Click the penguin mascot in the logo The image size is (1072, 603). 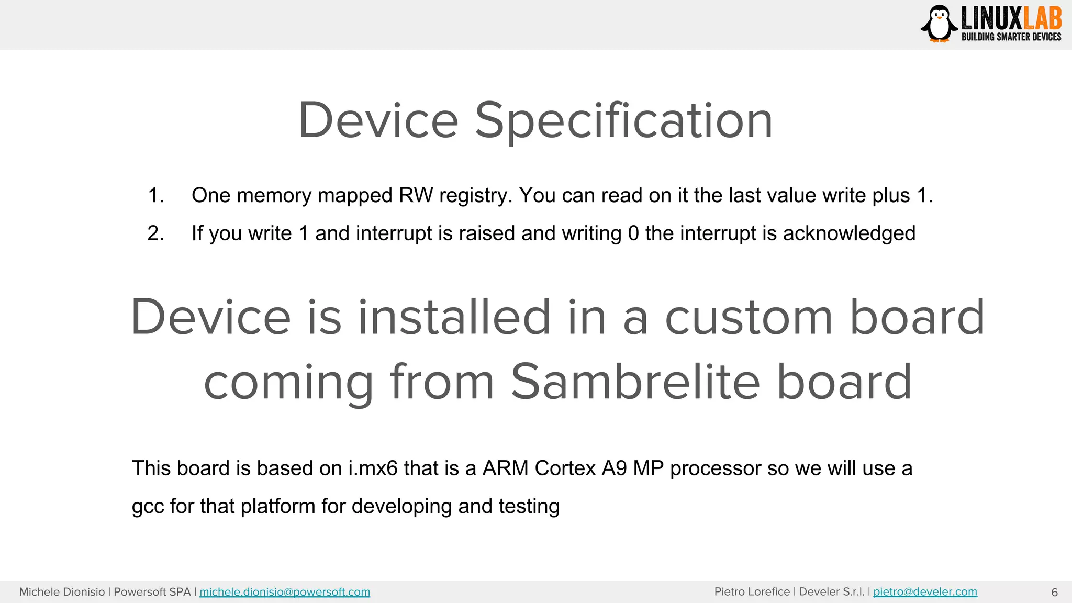coord(939,24)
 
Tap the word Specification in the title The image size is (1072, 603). coord(623,121)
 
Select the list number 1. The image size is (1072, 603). coord(155,195)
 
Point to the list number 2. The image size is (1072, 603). coord(155,233)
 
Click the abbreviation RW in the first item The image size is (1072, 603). coord(416,195)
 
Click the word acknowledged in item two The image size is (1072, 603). coord(849,233)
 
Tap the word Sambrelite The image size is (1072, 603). coord(635,382)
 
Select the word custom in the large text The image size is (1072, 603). coord(749,317)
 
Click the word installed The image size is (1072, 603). coord(454,317)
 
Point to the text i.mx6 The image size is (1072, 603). coord(373,468)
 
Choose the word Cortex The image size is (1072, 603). coord(565,468)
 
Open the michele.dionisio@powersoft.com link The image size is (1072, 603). coord(285,592)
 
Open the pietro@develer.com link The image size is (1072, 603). coord(925,592)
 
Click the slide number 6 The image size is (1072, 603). coord(1054,593)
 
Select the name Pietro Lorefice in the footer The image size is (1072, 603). coord(752,592)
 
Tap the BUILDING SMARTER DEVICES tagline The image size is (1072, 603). coord(1011,37)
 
